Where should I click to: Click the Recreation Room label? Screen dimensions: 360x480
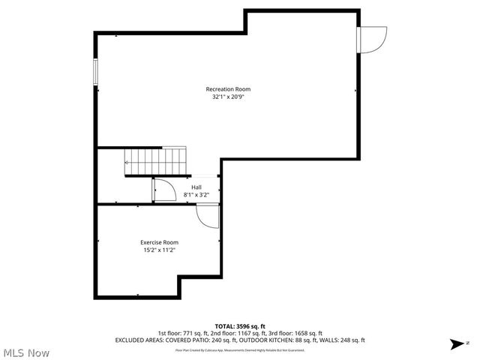click(x=228, y=89)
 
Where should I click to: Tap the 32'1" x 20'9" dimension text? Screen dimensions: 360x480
click(x=228, y=97)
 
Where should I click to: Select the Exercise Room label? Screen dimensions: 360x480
click(x=159, y=242)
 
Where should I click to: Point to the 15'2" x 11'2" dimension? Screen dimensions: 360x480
click(x=159, y=250)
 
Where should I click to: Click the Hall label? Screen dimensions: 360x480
click(x=196, y=187)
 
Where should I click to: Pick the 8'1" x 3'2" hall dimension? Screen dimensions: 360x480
click(x=196, y=194)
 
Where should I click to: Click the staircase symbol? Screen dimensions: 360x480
click(x=154, y=160)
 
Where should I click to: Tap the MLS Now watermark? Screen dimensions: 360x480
click(x=26, y=352)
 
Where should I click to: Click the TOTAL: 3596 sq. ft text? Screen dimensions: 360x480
click(x=240, y=326)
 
